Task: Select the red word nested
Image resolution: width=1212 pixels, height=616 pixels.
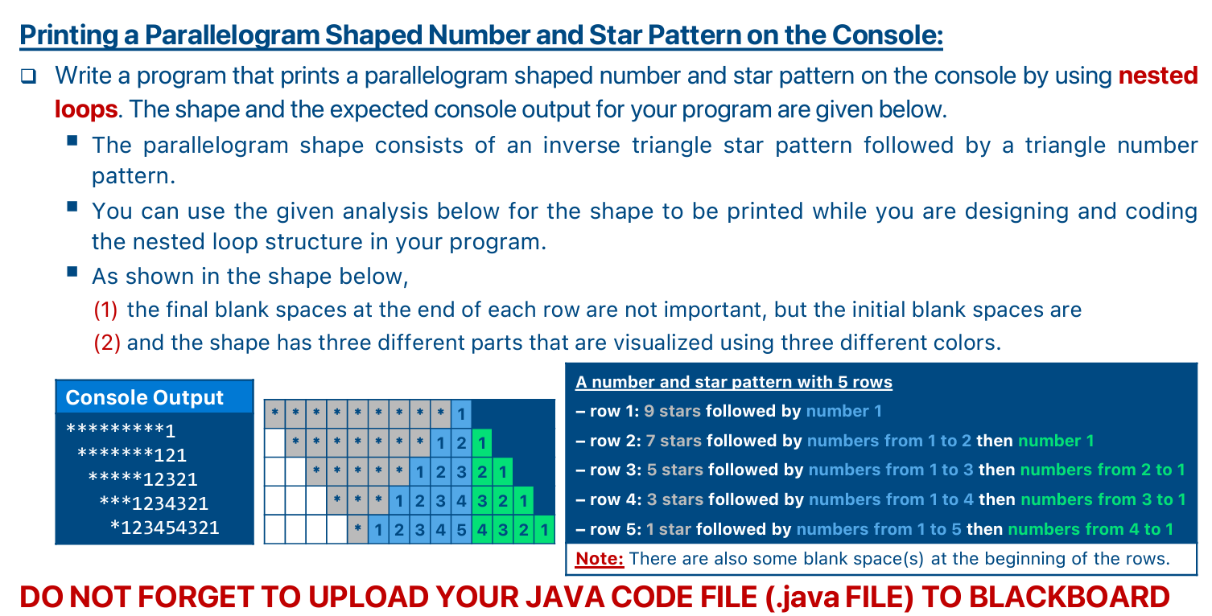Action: tap(1158, 76)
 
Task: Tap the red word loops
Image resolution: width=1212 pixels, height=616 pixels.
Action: tap(86, 109)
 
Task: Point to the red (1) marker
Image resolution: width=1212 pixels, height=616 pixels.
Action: tap(106, 310)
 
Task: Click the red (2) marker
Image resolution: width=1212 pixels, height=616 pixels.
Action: tap(106, 343)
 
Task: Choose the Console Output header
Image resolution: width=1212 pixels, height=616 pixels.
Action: tap(144, 397)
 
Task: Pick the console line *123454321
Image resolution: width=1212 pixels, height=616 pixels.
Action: tap(164, 528)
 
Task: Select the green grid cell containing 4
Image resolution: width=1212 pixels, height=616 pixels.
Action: tap(481, 530)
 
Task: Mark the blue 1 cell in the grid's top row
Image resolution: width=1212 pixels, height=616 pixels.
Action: tap(460, 413)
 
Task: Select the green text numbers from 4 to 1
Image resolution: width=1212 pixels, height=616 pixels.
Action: tap(1090, 529)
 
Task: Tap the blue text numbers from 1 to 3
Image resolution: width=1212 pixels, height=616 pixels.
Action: tap(891, 470)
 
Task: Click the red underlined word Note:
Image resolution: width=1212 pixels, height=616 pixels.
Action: tap(600, 558)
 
